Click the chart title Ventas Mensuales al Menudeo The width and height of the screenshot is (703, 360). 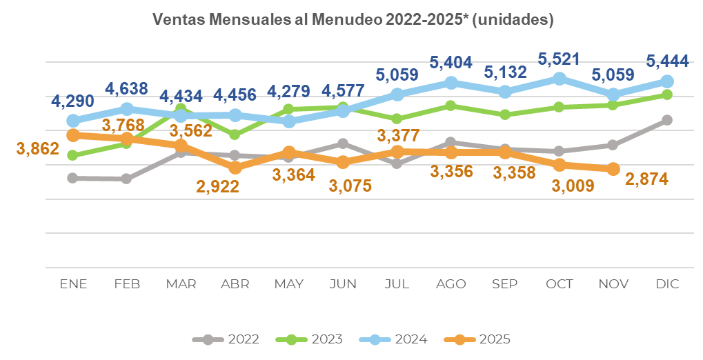(353, 20)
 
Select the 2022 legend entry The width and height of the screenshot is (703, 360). (226, 339)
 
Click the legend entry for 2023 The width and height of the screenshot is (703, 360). (310, 339)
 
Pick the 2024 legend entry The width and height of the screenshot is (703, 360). (394, 339)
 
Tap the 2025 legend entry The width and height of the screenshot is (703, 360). (477, 339)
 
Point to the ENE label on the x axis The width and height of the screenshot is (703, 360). (73, 284)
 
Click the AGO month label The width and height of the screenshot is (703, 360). (451, 284)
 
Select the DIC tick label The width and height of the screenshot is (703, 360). (667, 284)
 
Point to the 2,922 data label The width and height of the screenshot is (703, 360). (217, 186)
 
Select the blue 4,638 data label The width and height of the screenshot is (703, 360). (127, 89)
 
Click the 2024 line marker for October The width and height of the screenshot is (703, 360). (560, 79)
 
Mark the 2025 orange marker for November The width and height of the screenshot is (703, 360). (613, 169)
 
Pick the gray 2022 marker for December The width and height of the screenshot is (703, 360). (667, 120)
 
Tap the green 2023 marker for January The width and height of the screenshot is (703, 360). (73, 155)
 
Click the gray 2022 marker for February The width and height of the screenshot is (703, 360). (127, 179)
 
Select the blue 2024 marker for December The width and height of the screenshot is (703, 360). (667, 81)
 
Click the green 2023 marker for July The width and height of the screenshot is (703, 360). (397, 119)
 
